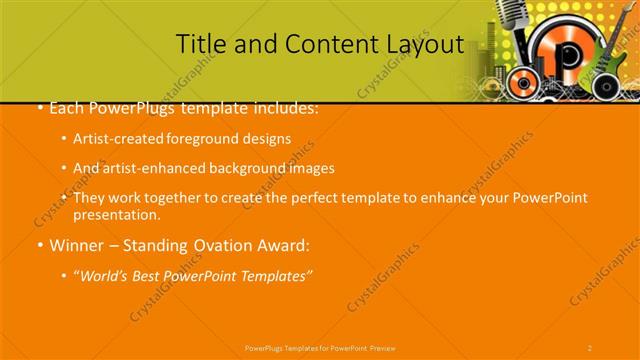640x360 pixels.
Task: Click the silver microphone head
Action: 510,13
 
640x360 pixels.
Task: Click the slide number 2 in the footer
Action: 590,347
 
